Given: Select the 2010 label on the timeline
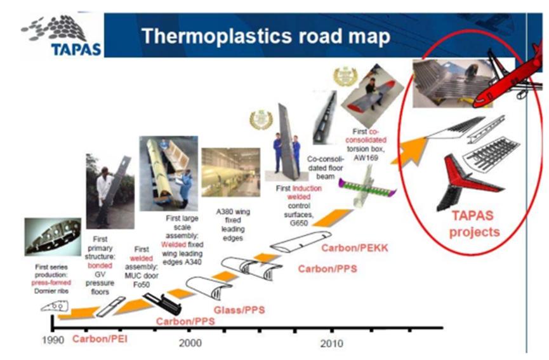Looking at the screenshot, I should [x=331, y=343].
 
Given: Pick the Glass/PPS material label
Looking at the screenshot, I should [x=239, y=310].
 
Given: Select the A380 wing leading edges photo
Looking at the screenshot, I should [x=230, y=172].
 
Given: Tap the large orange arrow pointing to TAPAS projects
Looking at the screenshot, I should [x=412, y=146].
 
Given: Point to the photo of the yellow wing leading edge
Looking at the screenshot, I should [x=168, y=172].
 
